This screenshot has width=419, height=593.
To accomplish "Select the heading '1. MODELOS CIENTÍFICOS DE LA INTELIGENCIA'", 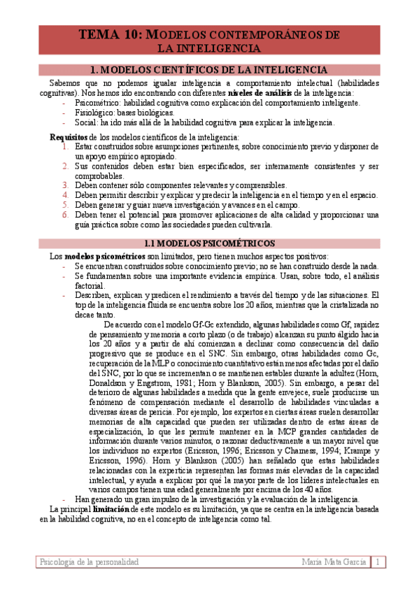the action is click(209, 70).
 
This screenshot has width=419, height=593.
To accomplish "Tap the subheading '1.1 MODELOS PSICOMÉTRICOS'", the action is click(209, 243).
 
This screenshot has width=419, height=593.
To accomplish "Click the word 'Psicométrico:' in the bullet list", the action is click(97, 103).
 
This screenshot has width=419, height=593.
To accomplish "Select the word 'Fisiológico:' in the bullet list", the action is click(94, 113).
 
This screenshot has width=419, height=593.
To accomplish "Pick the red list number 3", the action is click(65, 185).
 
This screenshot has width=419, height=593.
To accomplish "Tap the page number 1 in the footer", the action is click(377, 562).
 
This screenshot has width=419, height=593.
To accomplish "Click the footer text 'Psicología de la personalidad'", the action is click(90, 562).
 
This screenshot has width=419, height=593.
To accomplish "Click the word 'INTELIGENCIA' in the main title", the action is click(220, 48).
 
